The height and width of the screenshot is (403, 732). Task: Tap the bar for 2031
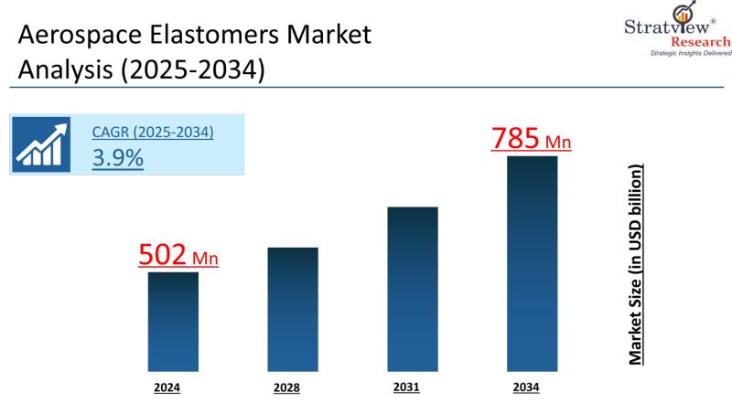(x=412, y=287)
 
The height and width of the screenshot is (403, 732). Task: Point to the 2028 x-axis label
(x=286, y=387)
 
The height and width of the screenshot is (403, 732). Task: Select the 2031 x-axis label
(x=406, y=387)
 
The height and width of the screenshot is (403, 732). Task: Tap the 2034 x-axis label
(x=525, y=387)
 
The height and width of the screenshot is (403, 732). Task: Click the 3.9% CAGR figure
(x=118, y=157)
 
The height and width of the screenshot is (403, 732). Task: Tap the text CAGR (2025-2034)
(x=153, y=133)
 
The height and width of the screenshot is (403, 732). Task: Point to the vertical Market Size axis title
(x=635, y=265)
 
